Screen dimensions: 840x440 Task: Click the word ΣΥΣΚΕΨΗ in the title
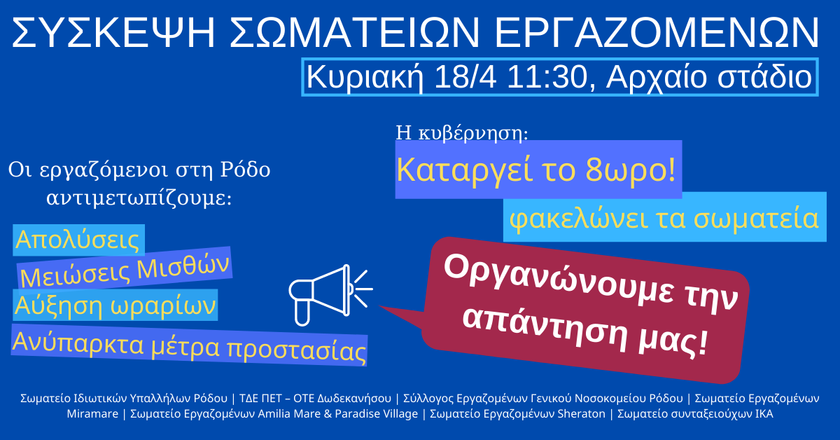tap(113, 33)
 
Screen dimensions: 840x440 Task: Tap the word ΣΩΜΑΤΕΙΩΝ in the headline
tap(355, 33)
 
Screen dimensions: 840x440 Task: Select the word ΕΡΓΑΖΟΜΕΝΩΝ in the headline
tap(657, 33)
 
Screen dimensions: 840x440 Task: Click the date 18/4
tap(465, 77)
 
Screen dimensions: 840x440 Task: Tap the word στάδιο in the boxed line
tap(765, 77)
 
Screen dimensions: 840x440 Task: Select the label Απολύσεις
tap(78, 240)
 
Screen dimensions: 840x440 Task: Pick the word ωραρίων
tap(163, 305)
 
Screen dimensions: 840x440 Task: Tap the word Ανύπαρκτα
tap(78, 343)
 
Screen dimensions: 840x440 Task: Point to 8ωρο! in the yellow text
tap(631, 170)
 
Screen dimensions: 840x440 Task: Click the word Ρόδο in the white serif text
tap(245, 170)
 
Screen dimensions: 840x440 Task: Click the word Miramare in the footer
tap(92, 413)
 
